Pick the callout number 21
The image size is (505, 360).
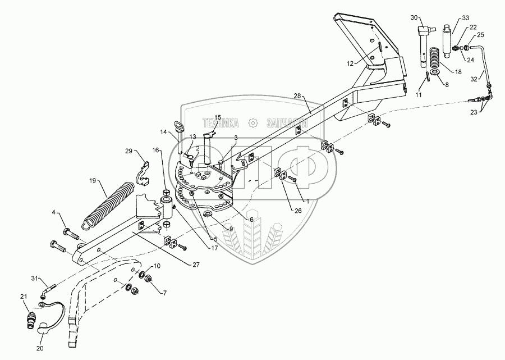[x=23, y=297]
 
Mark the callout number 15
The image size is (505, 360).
[x=218, y=117]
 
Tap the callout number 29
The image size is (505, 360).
[x=128, y=152]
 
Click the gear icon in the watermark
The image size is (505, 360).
[x=254, y=122]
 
